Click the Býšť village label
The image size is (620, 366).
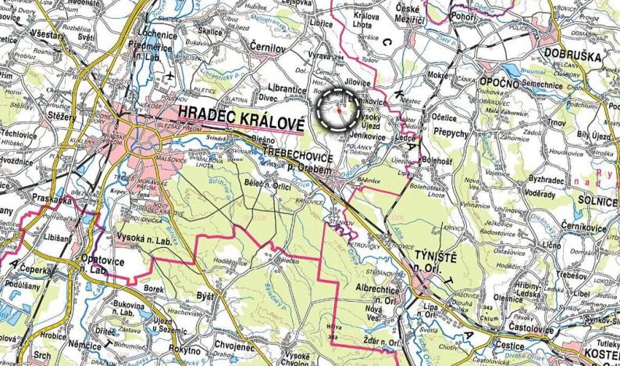[x=205, y=297]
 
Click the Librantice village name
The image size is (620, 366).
[x=283, y=90]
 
